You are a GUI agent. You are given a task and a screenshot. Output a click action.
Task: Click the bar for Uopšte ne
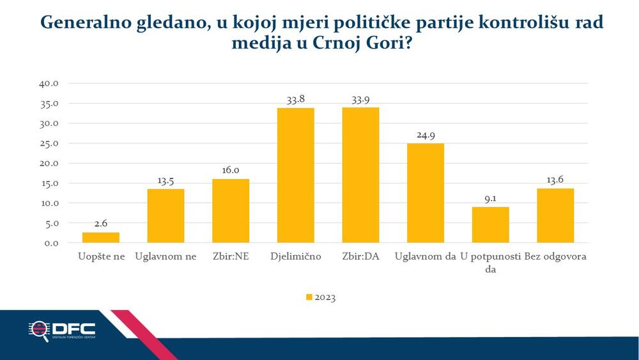(101, 237)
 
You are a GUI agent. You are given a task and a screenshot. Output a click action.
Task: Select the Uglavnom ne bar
(166, 216)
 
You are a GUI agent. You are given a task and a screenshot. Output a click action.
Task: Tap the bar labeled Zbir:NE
(231, 211)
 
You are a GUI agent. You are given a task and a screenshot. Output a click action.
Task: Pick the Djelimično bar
(295, 176)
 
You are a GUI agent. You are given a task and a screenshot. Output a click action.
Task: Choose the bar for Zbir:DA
(360, 175)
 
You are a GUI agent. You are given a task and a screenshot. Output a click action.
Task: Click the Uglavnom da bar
(425, 193)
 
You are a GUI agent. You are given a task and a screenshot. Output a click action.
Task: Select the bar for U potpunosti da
(490, 225)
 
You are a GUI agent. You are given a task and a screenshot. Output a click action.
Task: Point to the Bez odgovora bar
(555, 216)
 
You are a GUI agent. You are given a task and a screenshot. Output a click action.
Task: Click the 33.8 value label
(295, 99)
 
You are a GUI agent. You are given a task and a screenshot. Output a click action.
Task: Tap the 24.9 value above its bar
(425, 135)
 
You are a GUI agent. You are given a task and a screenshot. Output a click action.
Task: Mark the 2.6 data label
(101, 224)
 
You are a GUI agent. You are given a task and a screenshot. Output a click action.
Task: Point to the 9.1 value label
(490, 198)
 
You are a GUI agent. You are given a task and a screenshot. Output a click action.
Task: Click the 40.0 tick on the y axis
(49, 83)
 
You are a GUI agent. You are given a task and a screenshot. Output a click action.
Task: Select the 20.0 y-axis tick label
(49, 163)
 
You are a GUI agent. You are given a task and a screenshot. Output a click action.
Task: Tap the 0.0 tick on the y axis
(52, 243)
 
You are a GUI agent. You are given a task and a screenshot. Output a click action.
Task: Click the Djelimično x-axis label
(295, 257)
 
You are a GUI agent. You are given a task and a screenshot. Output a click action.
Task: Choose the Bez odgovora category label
(555, 257)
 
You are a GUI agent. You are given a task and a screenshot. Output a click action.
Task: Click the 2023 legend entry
(321, 297)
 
